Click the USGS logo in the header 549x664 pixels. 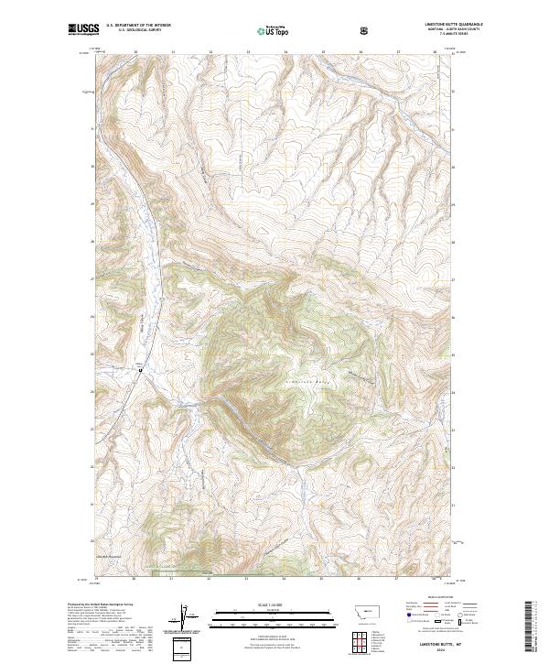tap(83, 30)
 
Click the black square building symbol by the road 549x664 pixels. tap(140, 370)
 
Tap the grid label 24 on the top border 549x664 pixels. tap(285, 53)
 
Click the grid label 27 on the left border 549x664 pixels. tap(91, 278)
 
